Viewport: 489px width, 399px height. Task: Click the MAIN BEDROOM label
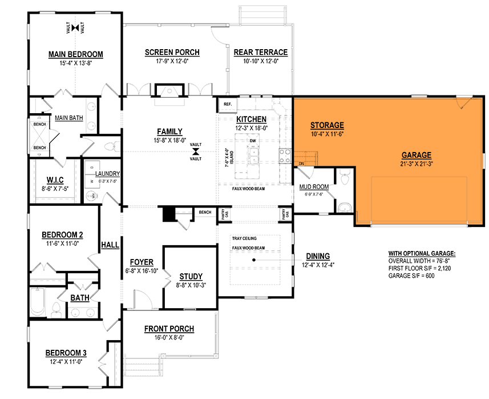75,54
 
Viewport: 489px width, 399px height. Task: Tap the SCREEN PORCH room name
172,53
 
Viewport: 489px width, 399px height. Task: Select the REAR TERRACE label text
260,53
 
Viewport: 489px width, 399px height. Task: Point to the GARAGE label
416,154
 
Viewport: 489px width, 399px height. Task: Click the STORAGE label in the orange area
327,125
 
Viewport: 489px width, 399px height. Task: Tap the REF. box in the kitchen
227,105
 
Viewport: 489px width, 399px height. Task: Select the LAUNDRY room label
107,173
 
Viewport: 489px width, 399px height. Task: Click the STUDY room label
191,276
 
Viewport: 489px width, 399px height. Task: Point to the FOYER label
141,262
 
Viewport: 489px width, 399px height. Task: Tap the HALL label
110,245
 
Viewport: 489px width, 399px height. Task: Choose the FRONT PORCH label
169,329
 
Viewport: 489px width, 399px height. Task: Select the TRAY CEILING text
244,238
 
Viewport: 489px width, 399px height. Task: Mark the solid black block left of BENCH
168,214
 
